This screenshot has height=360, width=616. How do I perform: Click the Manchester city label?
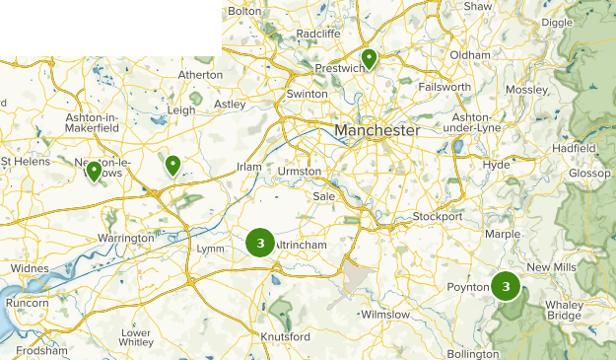tap(376, 130)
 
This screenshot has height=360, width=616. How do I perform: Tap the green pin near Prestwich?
tap(369, 59)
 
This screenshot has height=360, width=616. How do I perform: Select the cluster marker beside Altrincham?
tap(259, 242)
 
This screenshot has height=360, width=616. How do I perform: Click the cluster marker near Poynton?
tap(506, 286)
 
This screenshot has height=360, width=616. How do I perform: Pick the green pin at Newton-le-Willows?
tap(94, 172)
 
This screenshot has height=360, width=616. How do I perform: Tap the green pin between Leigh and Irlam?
tap(172, 165)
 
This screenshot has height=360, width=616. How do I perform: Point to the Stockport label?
tap(438, 216)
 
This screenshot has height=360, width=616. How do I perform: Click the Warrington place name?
tap(125, 239)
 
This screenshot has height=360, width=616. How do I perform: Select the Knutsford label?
tap(285, 337)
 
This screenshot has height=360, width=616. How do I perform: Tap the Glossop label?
tap(588, 175)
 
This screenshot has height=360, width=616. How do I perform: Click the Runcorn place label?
tap(28, 305)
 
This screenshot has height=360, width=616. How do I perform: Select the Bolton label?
tap(244, 11)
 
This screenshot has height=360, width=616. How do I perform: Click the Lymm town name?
tap(211, 249)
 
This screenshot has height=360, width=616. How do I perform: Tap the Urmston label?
tap(300, 172)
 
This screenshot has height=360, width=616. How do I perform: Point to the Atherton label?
tap(201, 74)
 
